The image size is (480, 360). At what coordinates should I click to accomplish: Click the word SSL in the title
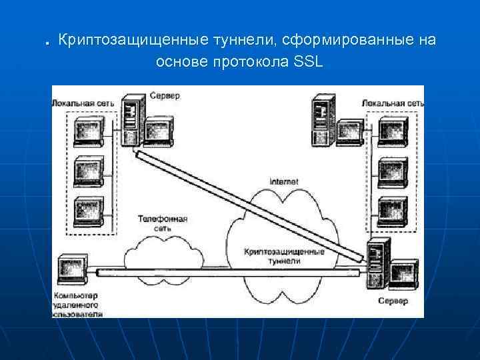[x=307, y=63]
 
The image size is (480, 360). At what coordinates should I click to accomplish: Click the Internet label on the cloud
[x=283, y=181]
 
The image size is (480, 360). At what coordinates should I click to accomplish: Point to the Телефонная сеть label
[x=162, y=223]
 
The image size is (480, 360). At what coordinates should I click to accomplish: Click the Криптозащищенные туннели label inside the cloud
[x=285, y=257]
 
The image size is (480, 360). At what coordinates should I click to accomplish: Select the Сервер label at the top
[x=163, y=96]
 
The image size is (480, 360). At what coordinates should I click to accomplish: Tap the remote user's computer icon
[x=71, y=270]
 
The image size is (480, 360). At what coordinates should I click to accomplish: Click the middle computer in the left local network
[x=89, y=172]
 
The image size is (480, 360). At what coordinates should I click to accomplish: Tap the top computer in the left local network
[x=89, y=131]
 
